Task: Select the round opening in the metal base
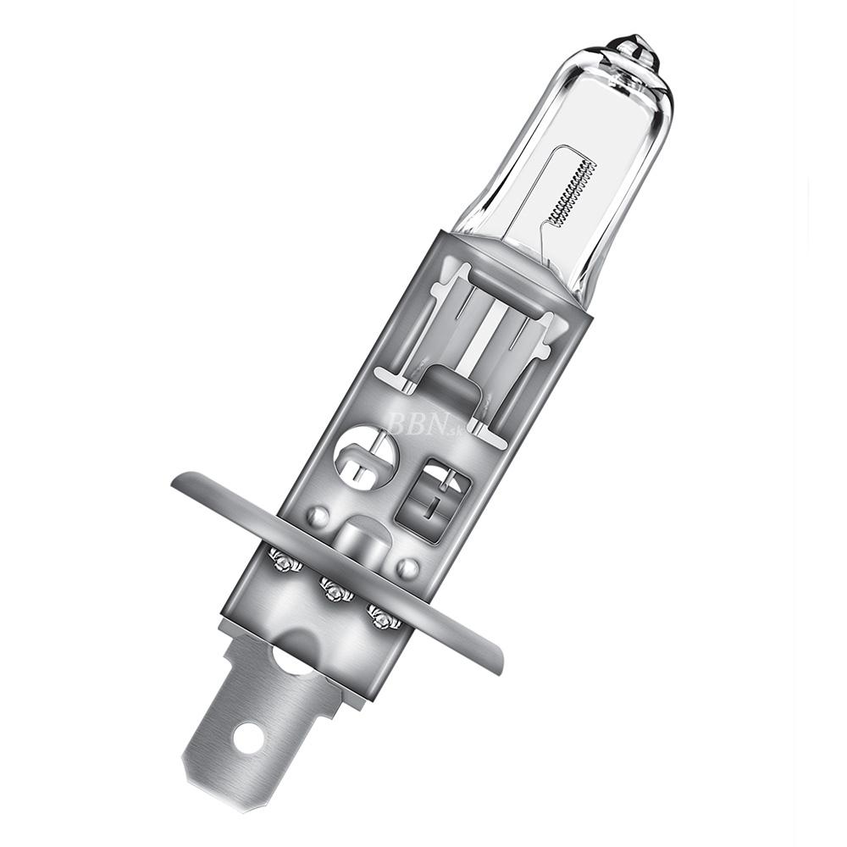point(366,457)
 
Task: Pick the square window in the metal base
point(434,500)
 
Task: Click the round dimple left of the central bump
point(317,516)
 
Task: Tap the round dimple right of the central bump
point(408,567)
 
